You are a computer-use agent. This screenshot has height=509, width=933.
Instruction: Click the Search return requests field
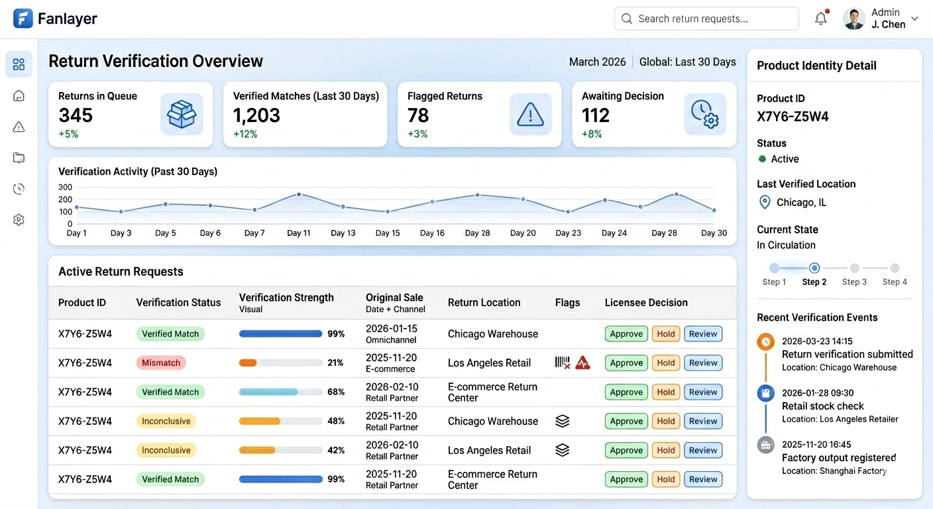pyautogui.click(x=706, y=19)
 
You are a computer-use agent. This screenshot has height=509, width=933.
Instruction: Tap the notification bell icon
pyautogui.click(x=821, y=19)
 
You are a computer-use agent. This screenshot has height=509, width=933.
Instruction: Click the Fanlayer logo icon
pyautogui.click(x=23, y=19)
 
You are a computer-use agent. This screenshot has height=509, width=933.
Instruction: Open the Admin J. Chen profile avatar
pyautogui.click(x=854, y=19)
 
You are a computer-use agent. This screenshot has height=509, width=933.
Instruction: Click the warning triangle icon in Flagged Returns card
pyautogui.click(x=530, y=115)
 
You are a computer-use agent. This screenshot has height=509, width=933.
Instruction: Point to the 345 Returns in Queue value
pyautogui.click(x=76, y=115)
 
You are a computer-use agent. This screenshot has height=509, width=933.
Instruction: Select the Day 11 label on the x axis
pyautogui.click(x=298, y=233)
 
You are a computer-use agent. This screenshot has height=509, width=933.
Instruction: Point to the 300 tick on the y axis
pyautogui.click(x=65, y=188)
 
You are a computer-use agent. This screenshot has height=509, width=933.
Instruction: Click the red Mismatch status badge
pyautogui.click(x=161, y=363)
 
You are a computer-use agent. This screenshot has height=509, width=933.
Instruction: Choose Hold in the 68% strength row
pyautogui.click(x=665, y=392)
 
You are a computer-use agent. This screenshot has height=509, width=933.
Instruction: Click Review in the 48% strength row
pyautogui.click(x=702, y=422)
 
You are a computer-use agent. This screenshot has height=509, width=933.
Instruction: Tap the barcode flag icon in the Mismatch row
pyautogui.click(x=563, y=363)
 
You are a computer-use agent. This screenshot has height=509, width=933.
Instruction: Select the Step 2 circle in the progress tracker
pyautogui.click(x=814, y=268)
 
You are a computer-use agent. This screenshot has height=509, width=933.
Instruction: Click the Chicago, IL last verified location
pyautogui.click(x=801, y=203)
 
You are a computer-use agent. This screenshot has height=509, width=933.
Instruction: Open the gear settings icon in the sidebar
pyautogui.click(x=19, y=220)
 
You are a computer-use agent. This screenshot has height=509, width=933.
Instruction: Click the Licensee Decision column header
pyautogui.click(x=645, y=303)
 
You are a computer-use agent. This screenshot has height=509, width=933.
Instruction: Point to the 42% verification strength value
pyautogui.click(x=336, y=451)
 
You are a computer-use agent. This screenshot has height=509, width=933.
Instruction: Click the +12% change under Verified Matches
pyautogui.click(x=245, y=135)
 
